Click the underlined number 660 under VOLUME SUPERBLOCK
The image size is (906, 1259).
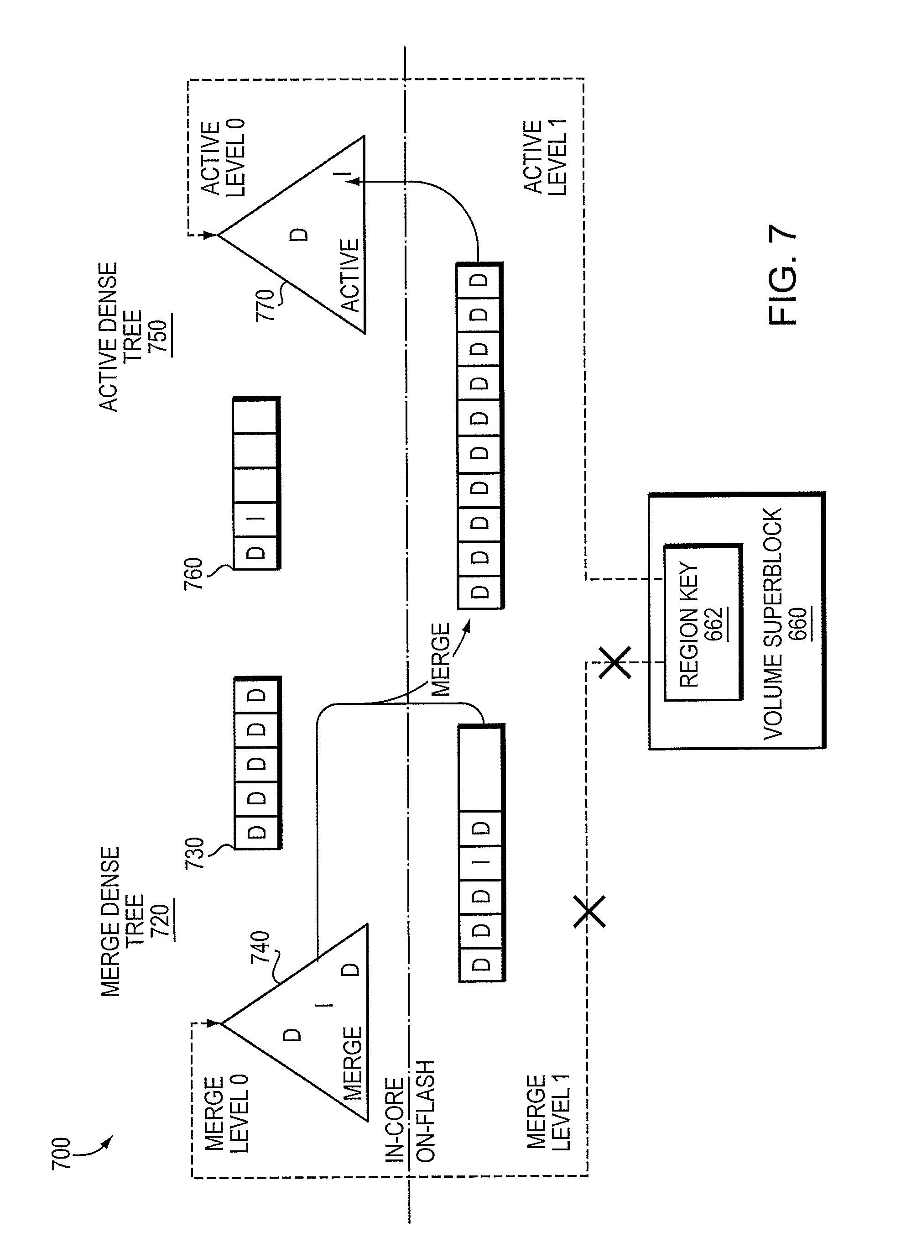tap(799, 624)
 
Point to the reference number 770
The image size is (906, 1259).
tap(265, 305)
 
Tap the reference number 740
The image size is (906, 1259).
tap(261, 947)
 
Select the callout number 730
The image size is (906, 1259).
tap(195, 853)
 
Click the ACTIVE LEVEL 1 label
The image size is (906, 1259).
tap(545, 157)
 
